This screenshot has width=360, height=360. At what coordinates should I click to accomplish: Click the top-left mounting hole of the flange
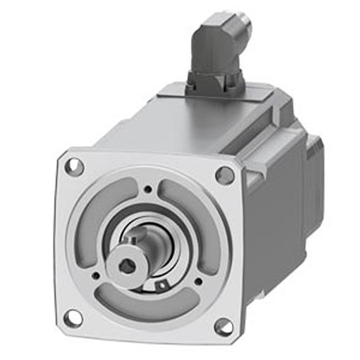74,168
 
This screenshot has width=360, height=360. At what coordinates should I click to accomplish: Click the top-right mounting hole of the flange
225,174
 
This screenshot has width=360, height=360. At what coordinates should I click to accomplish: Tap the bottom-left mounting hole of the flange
73,317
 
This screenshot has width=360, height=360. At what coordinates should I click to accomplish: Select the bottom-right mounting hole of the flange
223,326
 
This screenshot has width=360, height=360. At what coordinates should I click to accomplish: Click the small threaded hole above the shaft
148,191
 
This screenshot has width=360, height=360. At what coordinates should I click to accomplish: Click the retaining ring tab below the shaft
163,284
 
